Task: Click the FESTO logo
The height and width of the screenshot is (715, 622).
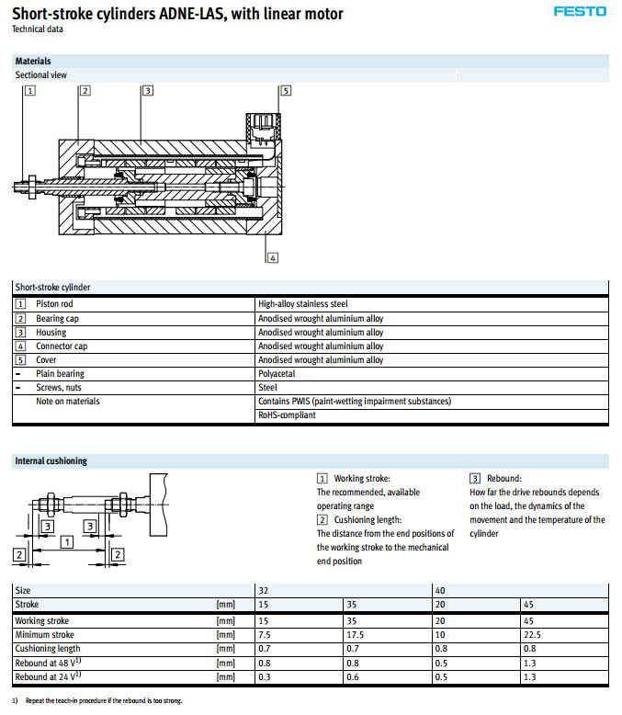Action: (x=580, y=12)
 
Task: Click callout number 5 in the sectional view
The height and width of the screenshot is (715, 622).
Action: (x=286, y=90)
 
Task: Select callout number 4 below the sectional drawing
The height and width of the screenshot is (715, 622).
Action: (x=273, y=257)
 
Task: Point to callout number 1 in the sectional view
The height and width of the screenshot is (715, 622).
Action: (x=30, y=90)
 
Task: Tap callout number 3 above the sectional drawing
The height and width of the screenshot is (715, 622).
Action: (x=147, y=90)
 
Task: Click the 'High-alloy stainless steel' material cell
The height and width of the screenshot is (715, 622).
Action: (x=302, y=304)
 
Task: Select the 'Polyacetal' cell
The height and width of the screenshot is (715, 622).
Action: (x=276, y=374)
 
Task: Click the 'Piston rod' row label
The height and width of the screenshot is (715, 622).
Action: (x=54, y=304)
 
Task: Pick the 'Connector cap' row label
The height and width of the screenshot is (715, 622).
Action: (x=62, y=346)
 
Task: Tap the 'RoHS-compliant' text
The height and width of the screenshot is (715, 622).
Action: (x=288, y=415)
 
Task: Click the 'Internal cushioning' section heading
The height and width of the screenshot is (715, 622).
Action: (x=51, y=461)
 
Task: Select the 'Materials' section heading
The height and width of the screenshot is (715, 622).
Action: (x=33, y=62)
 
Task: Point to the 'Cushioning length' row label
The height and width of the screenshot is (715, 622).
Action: (x=49, y=649)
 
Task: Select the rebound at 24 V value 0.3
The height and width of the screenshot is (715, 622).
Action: (x=264, y=677)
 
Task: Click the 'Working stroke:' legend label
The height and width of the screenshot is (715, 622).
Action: (x=361, y=479)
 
